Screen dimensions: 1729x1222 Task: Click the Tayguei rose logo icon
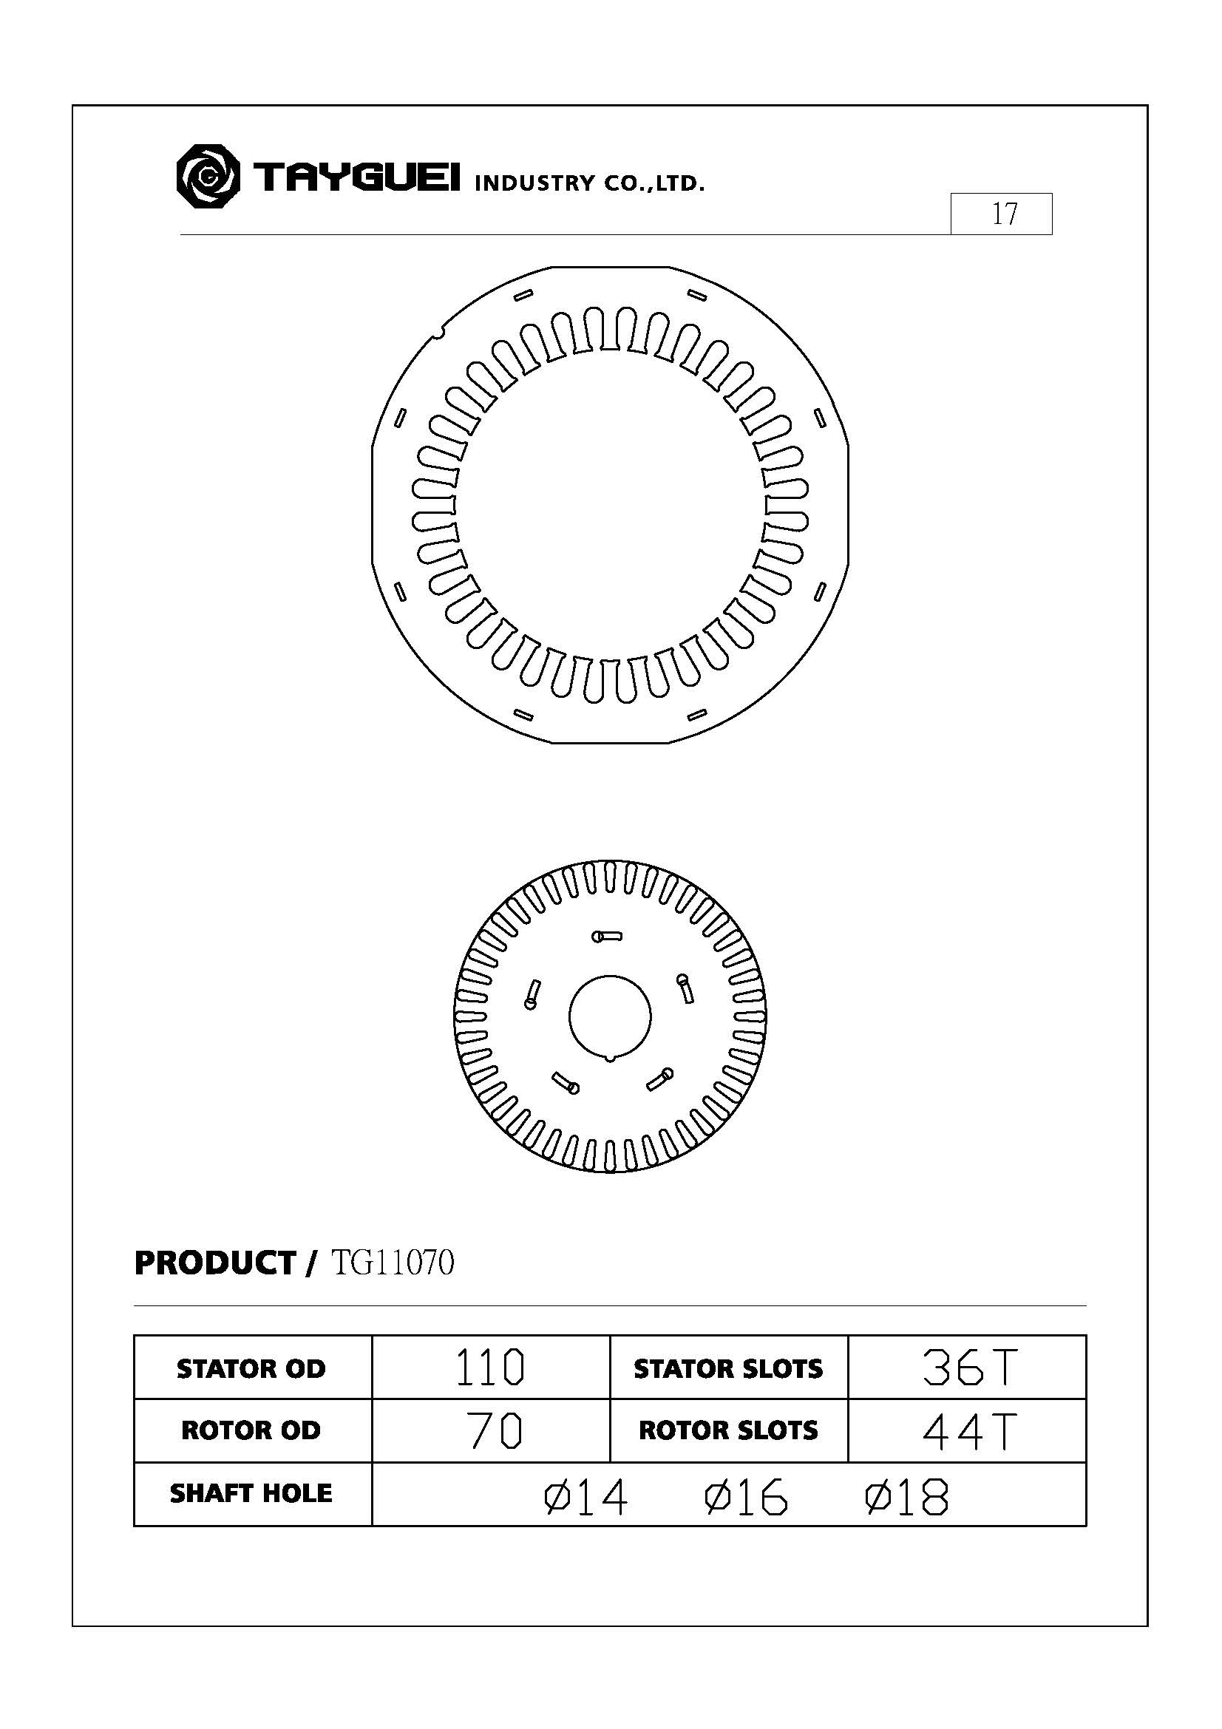(208, 177)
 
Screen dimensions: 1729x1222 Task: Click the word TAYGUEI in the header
(356, 177)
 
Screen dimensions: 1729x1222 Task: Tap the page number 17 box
(1001, 214)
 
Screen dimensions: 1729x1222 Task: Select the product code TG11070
(393, 1262)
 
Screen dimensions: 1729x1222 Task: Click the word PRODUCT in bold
(215, 1263)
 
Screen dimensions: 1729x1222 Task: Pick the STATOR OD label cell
(251, 1368)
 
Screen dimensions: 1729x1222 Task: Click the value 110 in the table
(490, 1368)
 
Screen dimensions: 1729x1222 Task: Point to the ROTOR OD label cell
(251, 1430)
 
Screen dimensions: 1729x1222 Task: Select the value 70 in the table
(493, 1431)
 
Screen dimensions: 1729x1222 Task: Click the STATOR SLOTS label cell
(728, 1368)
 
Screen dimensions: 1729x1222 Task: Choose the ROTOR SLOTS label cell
(728, 1430)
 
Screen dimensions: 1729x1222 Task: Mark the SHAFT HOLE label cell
(251, 1493)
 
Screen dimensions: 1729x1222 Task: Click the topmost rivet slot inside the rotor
(607, 937)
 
